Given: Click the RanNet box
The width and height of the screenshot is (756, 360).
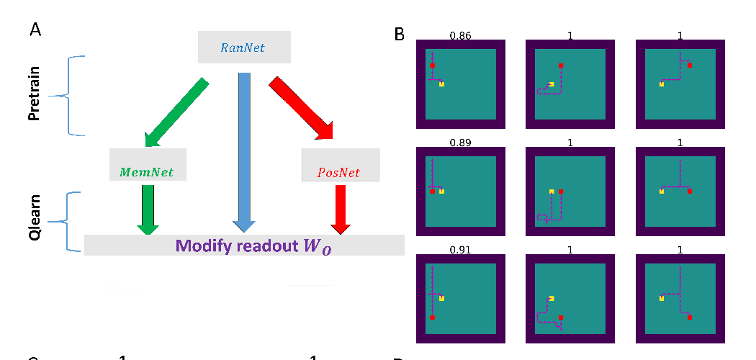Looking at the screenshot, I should pos(244,48).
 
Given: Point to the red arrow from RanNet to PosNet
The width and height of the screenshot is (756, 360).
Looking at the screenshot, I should pos(302,108).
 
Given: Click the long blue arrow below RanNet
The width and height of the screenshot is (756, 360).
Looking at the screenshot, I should pos(244,151).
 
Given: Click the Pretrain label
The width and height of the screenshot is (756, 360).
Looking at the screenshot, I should pos(35,95).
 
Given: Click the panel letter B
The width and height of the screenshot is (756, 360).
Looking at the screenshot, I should pos(400,33).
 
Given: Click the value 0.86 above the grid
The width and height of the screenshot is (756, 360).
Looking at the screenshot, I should pos(460,35).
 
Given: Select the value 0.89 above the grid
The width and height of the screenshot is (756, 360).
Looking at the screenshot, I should pos(460,143).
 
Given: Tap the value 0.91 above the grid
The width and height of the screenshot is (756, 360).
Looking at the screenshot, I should pos(460,251).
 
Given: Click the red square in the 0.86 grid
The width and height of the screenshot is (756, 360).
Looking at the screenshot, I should pos(432,66).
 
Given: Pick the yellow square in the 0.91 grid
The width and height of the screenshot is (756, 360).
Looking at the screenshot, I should pos(441,298).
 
